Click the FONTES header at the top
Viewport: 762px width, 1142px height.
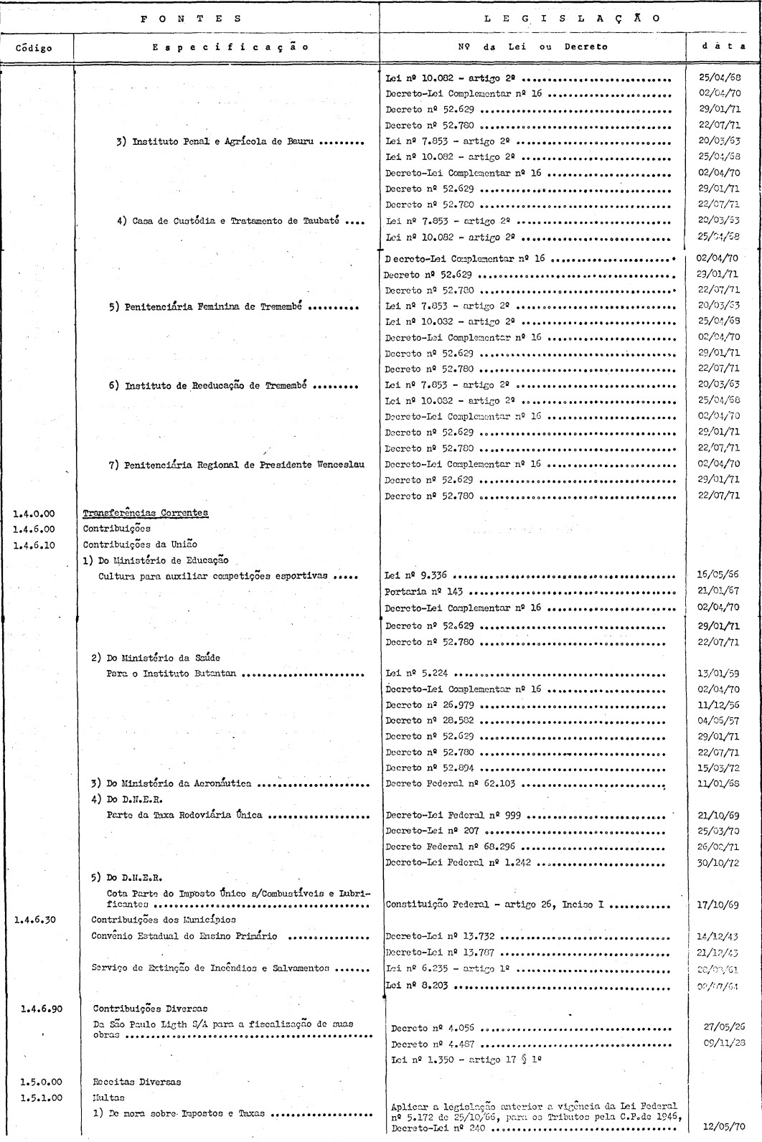pos(190,19)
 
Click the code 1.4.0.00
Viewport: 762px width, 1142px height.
pos(34,513)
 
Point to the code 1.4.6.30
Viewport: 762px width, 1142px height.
pos(34,919)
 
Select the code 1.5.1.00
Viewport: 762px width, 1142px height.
pos(34,1098)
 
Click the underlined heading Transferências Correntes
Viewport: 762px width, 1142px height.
pos(146,513)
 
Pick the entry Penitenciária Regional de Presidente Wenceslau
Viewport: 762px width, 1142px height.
pos(237,464)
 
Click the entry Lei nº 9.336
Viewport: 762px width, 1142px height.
pos(419,575)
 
